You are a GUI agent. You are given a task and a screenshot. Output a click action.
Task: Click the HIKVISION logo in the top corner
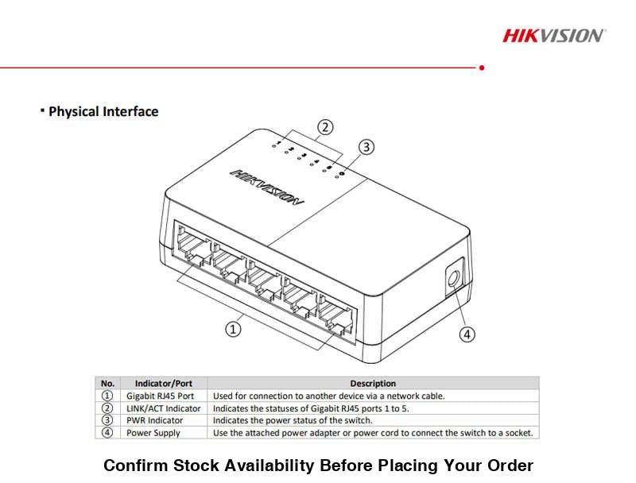pos(553,35)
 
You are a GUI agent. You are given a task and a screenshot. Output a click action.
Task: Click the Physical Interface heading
pos(103,112)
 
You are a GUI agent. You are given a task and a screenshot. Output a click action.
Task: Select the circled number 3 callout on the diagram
pos(366,147)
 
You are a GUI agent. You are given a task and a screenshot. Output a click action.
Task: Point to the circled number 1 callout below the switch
pos(233,328)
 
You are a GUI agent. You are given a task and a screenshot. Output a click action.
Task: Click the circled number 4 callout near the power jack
pos(467,334)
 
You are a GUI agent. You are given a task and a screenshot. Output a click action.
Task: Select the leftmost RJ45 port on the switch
pos(191,245)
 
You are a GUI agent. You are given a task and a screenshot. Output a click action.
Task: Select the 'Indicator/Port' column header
pos(163,383)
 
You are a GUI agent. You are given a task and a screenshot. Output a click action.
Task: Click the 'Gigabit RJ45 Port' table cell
pos(160,396)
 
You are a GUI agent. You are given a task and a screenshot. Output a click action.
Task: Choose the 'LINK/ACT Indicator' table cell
pos(163,408)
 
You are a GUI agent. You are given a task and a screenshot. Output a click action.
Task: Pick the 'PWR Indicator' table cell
pos(154,420)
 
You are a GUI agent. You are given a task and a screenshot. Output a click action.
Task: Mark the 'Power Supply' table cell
pos(153,433)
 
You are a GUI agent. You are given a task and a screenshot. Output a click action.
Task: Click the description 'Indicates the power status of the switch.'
pos(292,420)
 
